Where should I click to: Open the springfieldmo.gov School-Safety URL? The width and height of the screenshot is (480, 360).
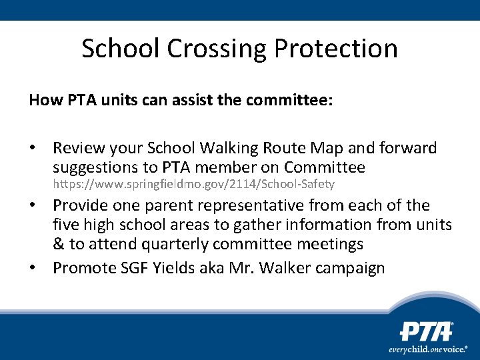pyautogui.click(x=193, y=184)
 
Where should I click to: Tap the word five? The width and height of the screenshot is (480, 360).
pyautogui.click(x=66, y=225)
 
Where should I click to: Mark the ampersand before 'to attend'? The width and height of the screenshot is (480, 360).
pyautogui.click(x=59, y=244)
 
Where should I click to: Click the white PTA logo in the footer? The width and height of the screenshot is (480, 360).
pyautogui.click(x=427, y=332)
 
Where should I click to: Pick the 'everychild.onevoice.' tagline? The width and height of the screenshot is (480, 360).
pyautogui.click(x=428, y=349)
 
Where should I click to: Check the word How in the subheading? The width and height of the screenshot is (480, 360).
pyautogui.click(x=41, y=101)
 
